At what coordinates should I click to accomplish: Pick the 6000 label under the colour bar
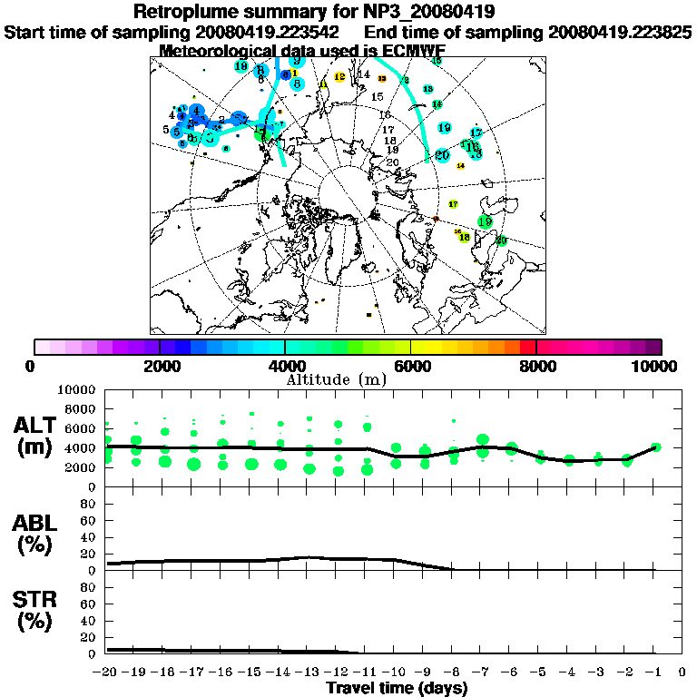click(411, 366)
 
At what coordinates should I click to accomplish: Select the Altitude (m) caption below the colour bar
click(336, 378)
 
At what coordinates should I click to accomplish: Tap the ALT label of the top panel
click(35, 425)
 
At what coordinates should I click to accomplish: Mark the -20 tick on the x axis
click(106, 672)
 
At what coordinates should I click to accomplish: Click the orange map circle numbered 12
click(339, 77)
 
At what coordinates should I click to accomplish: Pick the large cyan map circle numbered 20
click(442, 155)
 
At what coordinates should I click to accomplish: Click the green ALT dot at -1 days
click(655, 447)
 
